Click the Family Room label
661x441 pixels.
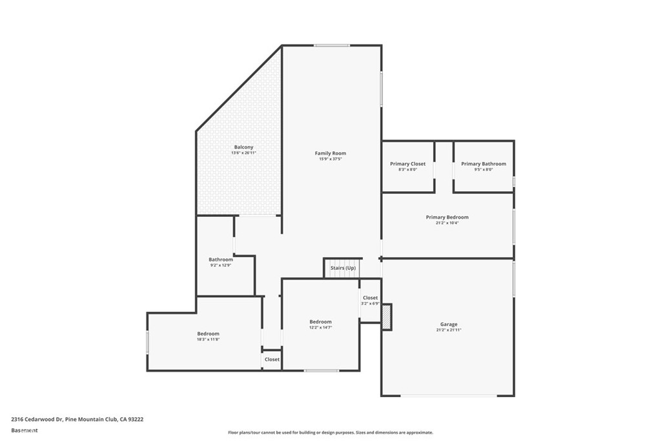(x=330, y=153)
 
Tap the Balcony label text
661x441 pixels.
(x=244, y=147)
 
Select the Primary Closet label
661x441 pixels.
(x=407, y=164)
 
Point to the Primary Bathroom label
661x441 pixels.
(x=483, y=164)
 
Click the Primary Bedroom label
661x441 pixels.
(x=447, y=217)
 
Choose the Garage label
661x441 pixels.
(x=449, y=324)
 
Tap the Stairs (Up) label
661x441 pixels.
(x=343, y=267)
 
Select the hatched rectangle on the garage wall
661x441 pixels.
(x=386, y=317)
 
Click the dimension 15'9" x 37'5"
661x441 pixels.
(x=330, y=159)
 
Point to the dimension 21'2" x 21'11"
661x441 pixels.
(x=449, y=330)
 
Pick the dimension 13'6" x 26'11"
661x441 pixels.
(x=244, y=153)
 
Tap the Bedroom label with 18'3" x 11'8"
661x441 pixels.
(x=208, y=334)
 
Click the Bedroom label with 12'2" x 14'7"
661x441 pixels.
(x=320, y=322)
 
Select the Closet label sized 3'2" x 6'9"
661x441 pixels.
(x=370, y=298)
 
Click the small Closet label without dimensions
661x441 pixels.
(x=272, y=360)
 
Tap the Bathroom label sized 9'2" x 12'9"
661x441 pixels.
(x=220, y=260)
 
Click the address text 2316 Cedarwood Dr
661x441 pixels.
(x=37, y=419)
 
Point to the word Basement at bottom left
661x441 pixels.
(x=24, y=430)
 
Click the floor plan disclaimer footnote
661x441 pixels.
(x=330, y=433)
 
